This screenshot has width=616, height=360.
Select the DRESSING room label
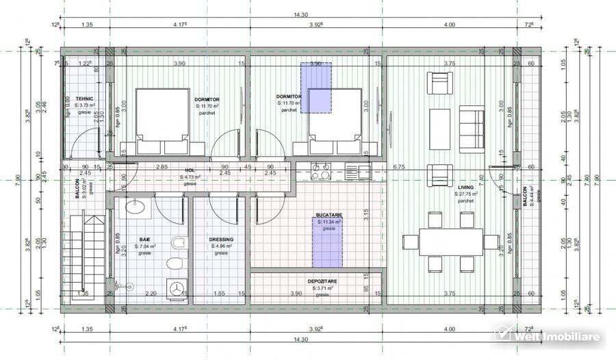click(221, 240)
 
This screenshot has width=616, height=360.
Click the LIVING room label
click(466, 187)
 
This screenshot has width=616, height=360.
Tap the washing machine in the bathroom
click(177, 289)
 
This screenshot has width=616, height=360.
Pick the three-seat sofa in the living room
click(470, 130)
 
